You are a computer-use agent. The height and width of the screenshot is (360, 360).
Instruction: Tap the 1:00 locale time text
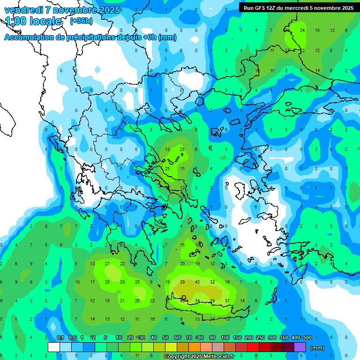[x=33, y=21]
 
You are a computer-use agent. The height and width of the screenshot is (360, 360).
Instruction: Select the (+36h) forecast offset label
[x=81, y=21]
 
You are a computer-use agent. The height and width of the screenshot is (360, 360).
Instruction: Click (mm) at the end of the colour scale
[x=317, y=348]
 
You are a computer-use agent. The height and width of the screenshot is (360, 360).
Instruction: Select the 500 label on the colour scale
[x=307, y=337]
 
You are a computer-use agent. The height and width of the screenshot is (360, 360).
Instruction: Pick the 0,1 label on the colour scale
[x=60, y=337]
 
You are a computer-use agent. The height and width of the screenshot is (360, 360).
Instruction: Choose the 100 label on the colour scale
[x=225, y=337]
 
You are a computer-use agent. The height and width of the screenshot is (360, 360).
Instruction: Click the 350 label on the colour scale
[x=284, y=337]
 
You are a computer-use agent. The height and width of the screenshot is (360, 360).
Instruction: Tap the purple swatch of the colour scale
[x=300, y=347]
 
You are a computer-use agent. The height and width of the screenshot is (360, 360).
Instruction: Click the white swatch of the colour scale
[x=54, y=347]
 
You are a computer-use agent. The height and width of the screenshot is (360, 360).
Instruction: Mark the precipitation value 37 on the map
[x=227, y=300]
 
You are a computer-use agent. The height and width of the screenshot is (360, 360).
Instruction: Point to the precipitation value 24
[x=302, y=30]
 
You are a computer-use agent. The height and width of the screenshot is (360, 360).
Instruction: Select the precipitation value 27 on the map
[x=107, y=264]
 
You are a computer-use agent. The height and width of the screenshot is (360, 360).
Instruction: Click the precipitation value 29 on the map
[x=122, y=282]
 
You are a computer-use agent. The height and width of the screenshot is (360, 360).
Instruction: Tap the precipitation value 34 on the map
[x=197, y=300]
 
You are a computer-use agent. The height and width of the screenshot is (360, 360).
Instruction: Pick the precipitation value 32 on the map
[x=212, y=282]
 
